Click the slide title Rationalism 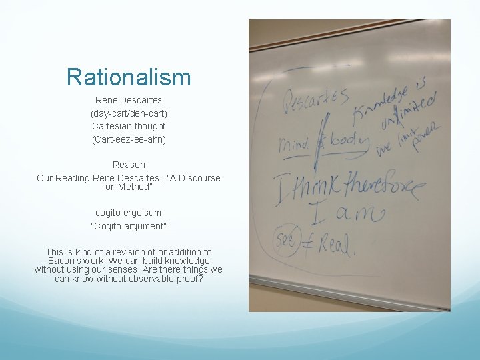129,77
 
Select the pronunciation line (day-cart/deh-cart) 129,113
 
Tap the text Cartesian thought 129,126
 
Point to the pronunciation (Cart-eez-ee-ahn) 129,139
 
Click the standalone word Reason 129,164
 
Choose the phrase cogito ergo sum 129,213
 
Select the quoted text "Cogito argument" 129,226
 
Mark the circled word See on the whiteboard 285,239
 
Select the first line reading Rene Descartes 129,100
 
